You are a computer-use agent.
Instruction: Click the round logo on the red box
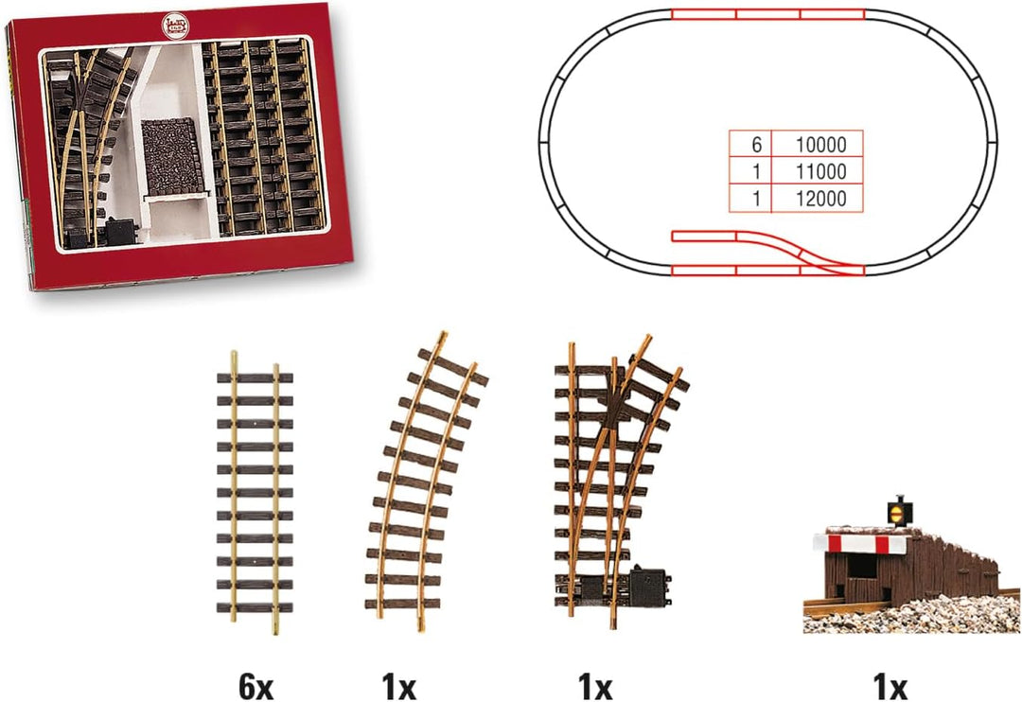(175, 26)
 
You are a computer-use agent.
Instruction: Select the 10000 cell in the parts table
(818, 144)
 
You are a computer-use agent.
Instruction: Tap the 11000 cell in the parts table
(818, 171)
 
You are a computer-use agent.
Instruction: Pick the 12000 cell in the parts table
(818, 198)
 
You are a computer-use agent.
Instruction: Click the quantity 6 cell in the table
(750, 144)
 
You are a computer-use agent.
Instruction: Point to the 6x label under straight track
(255, 687)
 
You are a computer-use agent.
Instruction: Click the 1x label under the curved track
(398, 687)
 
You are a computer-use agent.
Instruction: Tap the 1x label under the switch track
(594, 687)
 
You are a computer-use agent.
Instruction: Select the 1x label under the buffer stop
(890, 687)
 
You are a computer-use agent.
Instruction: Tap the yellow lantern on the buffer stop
(898, 510)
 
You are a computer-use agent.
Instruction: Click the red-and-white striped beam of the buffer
(859, 544)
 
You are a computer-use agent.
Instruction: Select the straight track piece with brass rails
(255, 493)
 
